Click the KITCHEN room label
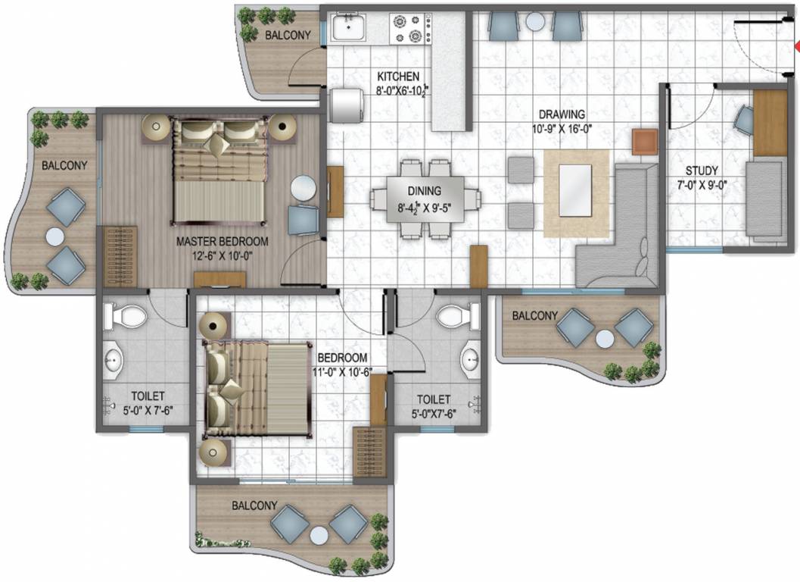(x=398, y=76)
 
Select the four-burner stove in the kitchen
(x=409, y=30)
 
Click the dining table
(x=425, y=199)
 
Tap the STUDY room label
(x=702, y=171)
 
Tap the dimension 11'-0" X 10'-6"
(x=343, y=371)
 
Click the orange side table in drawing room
(x=645, y=142)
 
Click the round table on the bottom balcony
(x=319, y=533)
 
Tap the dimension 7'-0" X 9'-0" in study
(x=702, y=184)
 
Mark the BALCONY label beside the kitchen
(x=288, y=35)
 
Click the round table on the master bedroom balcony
(x=54, y=236)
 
